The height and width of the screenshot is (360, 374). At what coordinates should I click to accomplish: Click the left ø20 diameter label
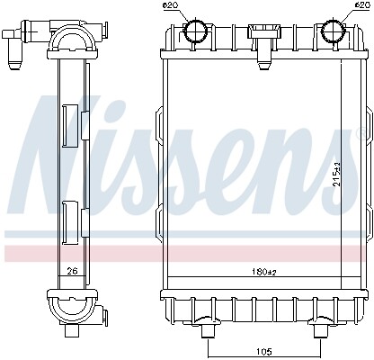(171, 7)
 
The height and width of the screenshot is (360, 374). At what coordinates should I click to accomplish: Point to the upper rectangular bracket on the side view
(69, 126)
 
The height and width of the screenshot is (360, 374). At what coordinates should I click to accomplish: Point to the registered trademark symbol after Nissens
(365, 133)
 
